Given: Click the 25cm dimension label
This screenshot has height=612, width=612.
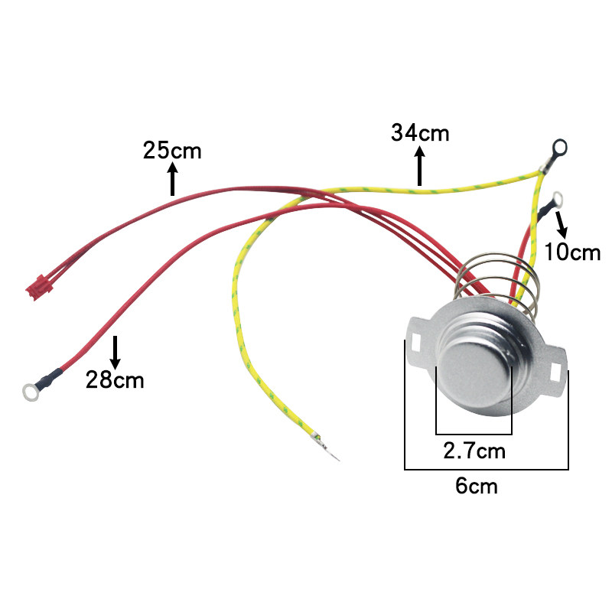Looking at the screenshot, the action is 172,150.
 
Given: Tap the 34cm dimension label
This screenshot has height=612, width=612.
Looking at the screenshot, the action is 420,132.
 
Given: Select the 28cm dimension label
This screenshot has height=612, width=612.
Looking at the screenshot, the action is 115,379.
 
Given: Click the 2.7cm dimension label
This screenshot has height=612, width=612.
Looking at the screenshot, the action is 474,450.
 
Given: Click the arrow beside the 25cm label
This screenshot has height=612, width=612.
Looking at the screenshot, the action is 173,178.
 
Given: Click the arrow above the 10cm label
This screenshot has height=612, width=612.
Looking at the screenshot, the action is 563,223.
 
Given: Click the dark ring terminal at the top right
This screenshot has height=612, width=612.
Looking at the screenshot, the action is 560,145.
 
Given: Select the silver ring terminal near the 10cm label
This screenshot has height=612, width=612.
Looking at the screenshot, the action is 556,200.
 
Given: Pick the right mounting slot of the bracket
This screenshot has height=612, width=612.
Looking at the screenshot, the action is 556,367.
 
